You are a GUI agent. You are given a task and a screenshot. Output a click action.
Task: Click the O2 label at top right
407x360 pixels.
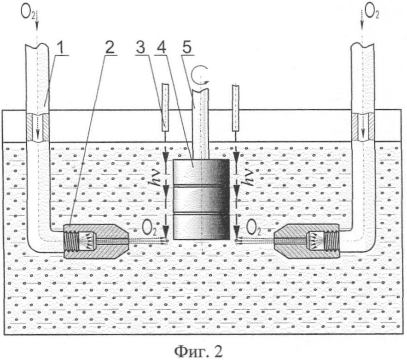(x=372, y=12)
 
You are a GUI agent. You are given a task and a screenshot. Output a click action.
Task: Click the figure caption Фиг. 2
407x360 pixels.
(x=198, y=351)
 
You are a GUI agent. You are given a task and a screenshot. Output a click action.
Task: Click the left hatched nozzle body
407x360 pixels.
(x=96, y=241)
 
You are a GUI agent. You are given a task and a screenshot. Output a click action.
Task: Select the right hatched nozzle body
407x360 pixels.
(x=307, y=241)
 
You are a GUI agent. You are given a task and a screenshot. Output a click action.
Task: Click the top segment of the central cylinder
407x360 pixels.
(x=201, y=172)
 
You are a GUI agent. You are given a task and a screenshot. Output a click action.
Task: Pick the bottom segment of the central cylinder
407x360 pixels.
(x=201, y=227)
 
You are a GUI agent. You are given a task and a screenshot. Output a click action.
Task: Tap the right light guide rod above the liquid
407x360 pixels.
(x=236, y=108)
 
